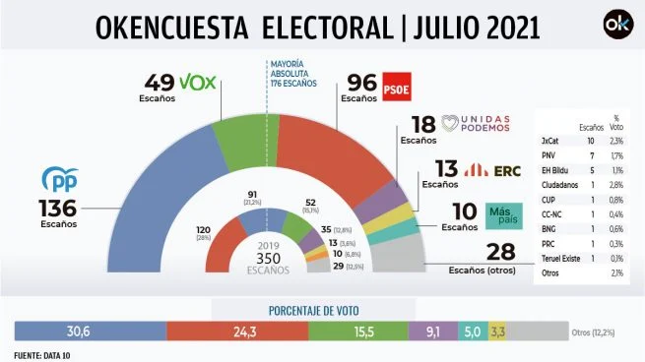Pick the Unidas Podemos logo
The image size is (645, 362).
tap(478, 122)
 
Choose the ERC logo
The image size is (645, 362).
tap(487, 170)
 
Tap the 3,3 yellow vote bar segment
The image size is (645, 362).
tap(497, 332)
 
